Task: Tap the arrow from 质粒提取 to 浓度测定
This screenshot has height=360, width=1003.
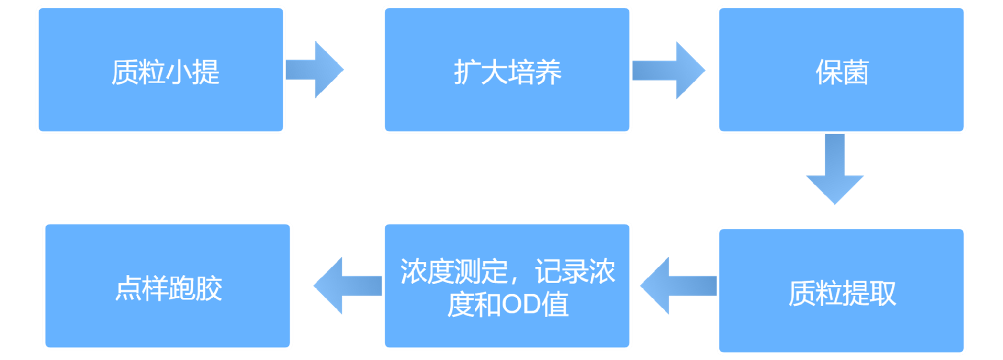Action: point(678,286)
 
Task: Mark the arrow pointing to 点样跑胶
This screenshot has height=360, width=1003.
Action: point(347,286)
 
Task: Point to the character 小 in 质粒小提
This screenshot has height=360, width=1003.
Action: point(179,72)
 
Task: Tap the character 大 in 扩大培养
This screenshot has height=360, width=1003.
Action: point(494,72)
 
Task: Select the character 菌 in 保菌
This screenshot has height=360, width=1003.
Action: point(855,72)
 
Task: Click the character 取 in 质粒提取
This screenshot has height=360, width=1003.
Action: point(882,294)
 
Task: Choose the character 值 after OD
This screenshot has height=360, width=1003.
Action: point(555,305)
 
